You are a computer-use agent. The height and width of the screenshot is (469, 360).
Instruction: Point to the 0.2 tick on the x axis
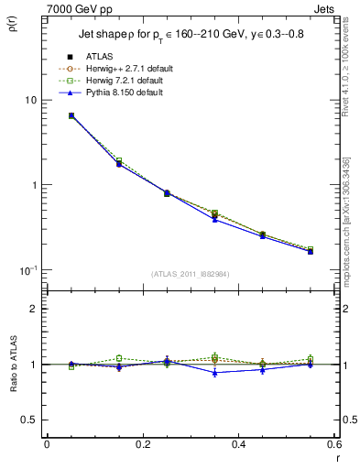point(142,444)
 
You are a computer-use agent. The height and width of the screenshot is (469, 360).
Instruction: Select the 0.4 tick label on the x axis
point(238,444)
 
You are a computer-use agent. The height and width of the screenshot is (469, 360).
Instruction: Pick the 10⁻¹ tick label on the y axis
point(29,268)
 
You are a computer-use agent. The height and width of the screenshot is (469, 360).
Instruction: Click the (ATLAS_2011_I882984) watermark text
point(191,274)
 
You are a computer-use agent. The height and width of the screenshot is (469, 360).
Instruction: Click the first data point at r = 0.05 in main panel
point(71,116)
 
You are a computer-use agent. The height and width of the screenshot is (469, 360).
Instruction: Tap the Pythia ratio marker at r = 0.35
point(214,373)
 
